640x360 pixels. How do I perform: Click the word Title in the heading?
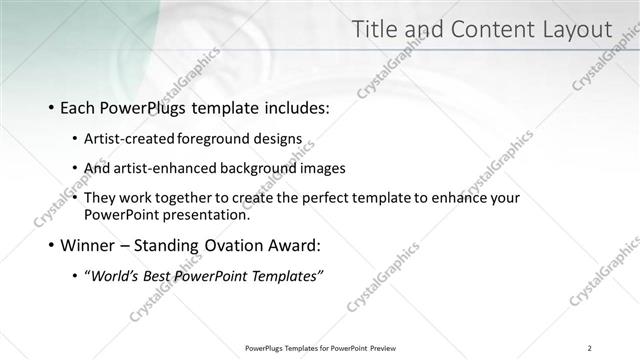pyautogui.click(x=376, y=30)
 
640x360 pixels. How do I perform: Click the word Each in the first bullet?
pyautogui.click(x=79, y=107)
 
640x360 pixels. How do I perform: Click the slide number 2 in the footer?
pyautogui.click(x=589, y=348)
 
